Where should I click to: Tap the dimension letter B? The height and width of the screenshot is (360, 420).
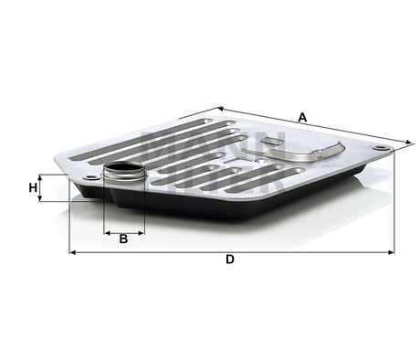pyautogui.click(x=123, y=239)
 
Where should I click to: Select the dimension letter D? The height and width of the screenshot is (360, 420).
pyautogui.click(x=230, y=260)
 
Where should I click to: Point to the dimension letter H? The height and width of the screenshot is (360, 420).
pyautogui.click(x=33, y=188)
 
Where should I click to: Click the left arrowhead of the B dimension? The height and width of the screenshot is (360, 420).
pyautogui.click(x=107, y=231)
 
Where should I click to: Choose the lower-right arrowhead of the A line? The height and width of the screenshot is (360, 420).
pyautogui.click(x=400, y=143)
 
